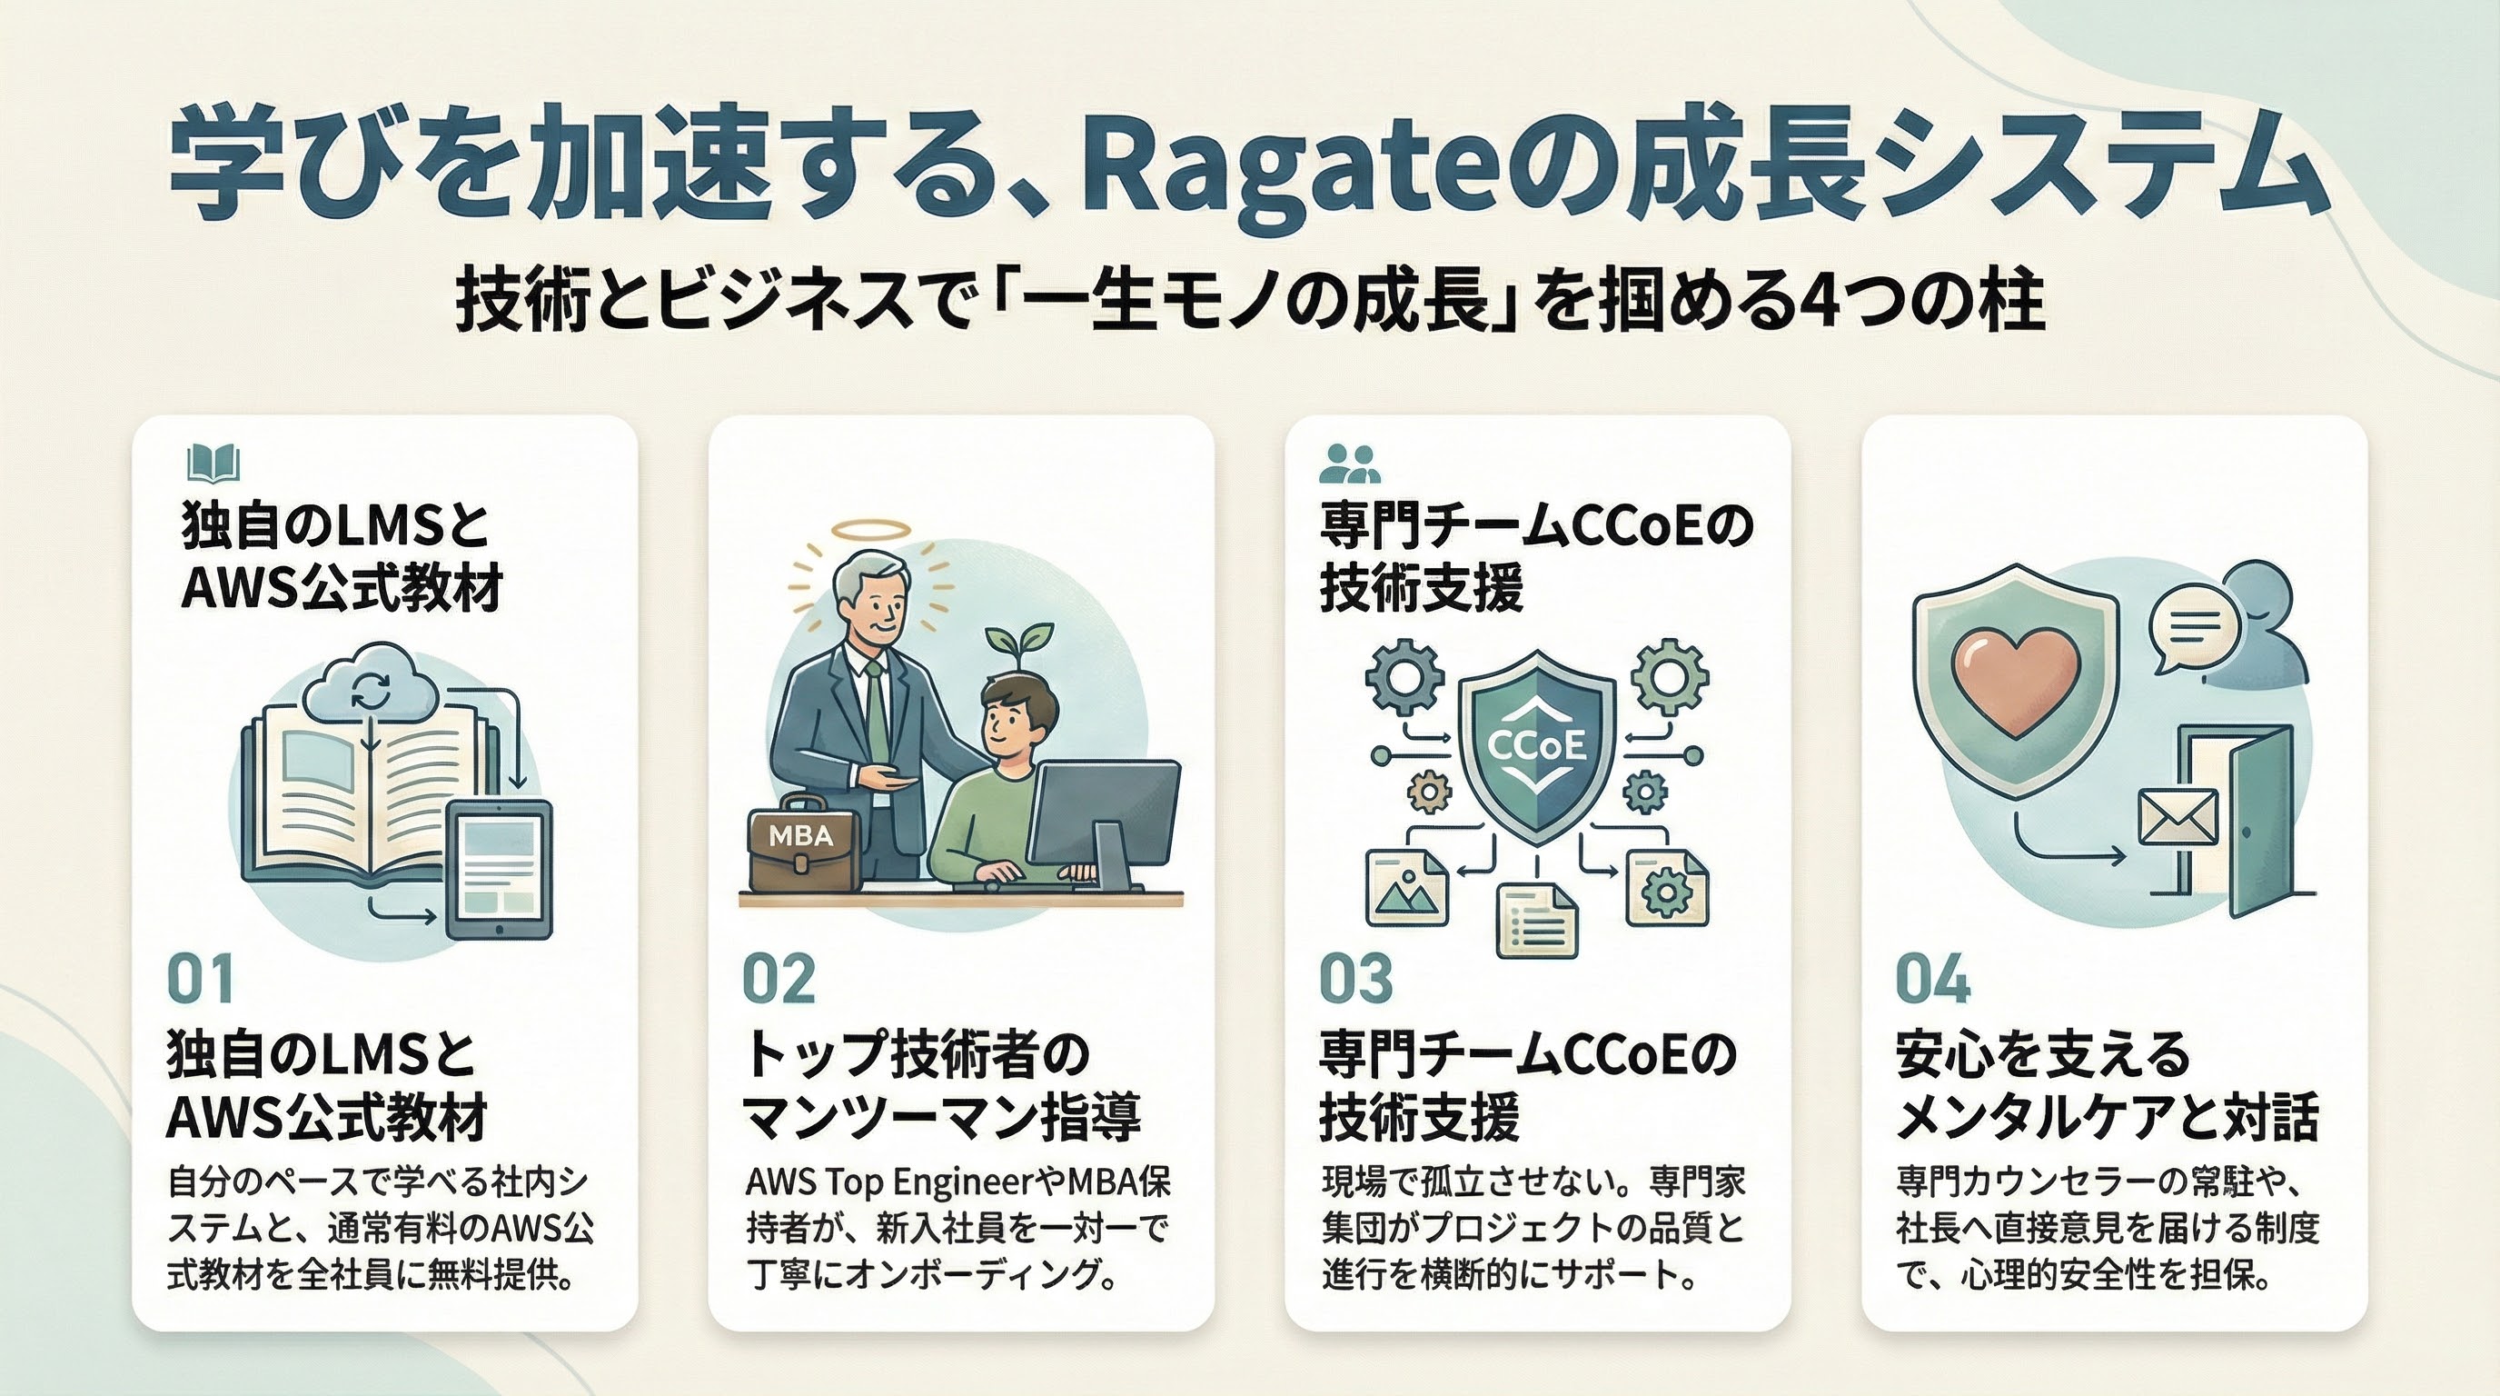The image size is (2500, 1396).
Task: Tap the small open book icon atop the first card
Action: [x=213, y=464]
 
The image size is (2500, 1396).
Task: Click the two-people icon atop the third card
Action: [x=1349, y=464]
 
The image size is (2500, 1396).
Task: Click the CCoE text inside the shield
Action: [x=1537, y=745]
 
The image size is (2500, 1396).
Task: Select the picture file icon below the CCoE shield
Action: [x=1406, y=888]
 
